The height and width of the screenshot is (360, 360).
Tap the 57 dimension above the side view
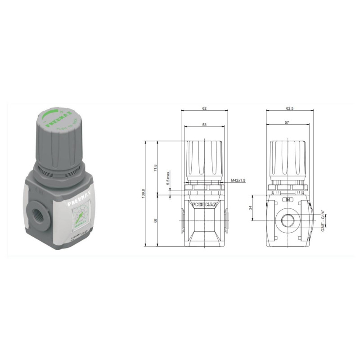287,122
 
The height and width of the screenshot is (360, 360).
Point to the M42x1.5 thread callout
238,180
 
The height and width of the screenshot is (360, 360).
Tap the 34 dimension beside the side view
250,207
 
